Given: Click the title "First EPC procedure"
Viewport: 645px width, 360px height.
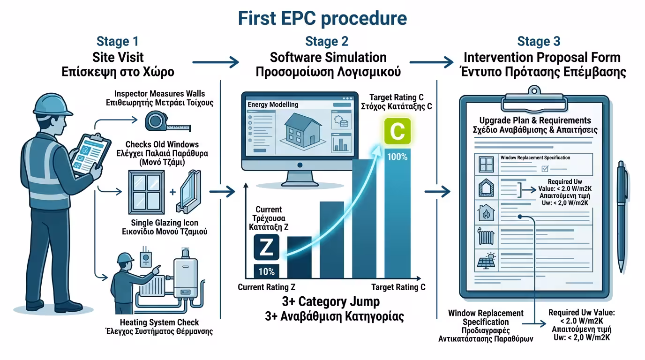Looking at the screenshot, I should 322,18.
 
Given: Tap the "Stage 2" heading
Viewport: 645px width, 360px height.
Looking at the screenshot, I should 327,42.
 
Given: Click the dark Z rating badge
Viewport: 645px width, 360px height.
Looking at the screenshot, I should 266,247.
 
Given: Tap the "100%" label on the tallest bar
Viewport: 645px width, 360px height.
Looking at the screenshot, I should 397,157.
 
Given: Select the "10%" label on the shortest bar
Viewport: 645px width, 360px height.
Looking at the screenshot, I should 266,271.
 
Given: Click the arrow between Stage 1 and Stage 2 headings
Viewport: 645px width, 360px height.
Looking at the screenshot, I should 215,61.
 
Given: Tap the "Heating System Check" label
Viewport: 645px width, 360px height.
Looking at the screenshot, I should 159,322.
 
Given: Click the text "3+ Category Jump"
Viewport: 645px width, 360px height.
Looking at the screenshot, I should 331,301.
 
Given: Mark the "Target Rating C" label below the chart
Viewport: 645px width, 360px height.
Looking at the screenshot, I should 398,287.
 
